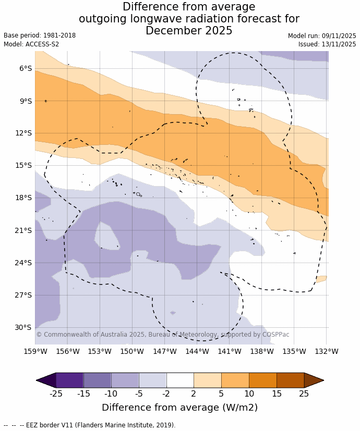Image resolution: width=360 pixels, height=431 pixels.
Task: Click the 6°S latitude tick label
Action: click(25, 68)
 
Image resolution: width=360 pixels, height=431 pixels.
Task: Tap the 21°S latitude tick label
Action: click(23, 230)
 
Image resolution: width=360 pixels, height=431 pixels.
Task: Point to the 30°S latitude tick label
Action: click(23, 327)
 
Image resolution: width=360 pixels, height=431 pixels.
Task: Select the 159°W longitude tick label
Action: click(35, 351)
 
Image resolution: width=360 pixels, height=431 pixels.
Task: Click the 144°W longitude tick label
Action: click(197, 351)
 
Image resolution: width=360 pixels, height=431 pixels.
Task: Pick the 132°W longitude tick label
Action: click(327, 351)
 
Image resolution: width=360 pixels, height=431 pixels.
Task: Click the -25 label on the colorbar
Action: click(56, 393)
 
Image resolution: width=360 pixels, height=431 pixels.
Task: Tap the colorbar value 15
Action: click(277, 393)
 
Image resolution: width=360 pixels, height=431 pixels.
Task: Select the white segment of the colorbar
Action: click(180, 380)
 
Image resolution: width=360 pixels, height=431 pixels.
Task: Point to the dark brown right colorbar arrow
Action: click(313, 380)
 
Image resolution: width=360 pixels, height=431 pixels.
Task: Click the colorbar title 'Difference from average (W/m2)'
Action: click(180, 408)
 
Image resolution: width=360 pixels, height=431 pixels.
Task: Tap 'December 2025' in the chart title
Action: click(189, 31)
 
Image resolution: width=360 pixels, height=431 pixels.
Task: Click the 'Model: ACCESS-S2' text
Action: click(31, 44)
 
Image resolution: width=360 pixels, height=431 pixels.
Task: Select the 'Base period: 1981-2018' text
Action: click(40, 35)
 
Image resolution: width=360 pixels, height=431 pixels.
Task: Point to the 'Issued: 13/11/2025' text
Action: click(327, 44)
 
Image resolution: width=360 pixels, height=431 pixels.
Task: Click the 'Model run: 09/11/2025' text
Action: click(322, 36)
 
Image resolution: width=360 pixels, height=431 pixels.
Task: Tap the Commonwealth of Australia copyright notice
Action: click(162, 335)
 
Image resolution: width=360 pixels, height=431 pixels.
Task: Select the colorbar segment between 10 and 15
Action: click(262, 380)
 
